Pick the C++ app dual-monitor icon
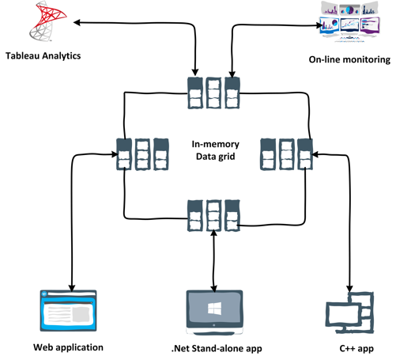point(350,313)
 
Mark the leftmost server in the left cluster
point(123,153)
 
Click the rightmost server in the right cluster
point(304,153)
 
